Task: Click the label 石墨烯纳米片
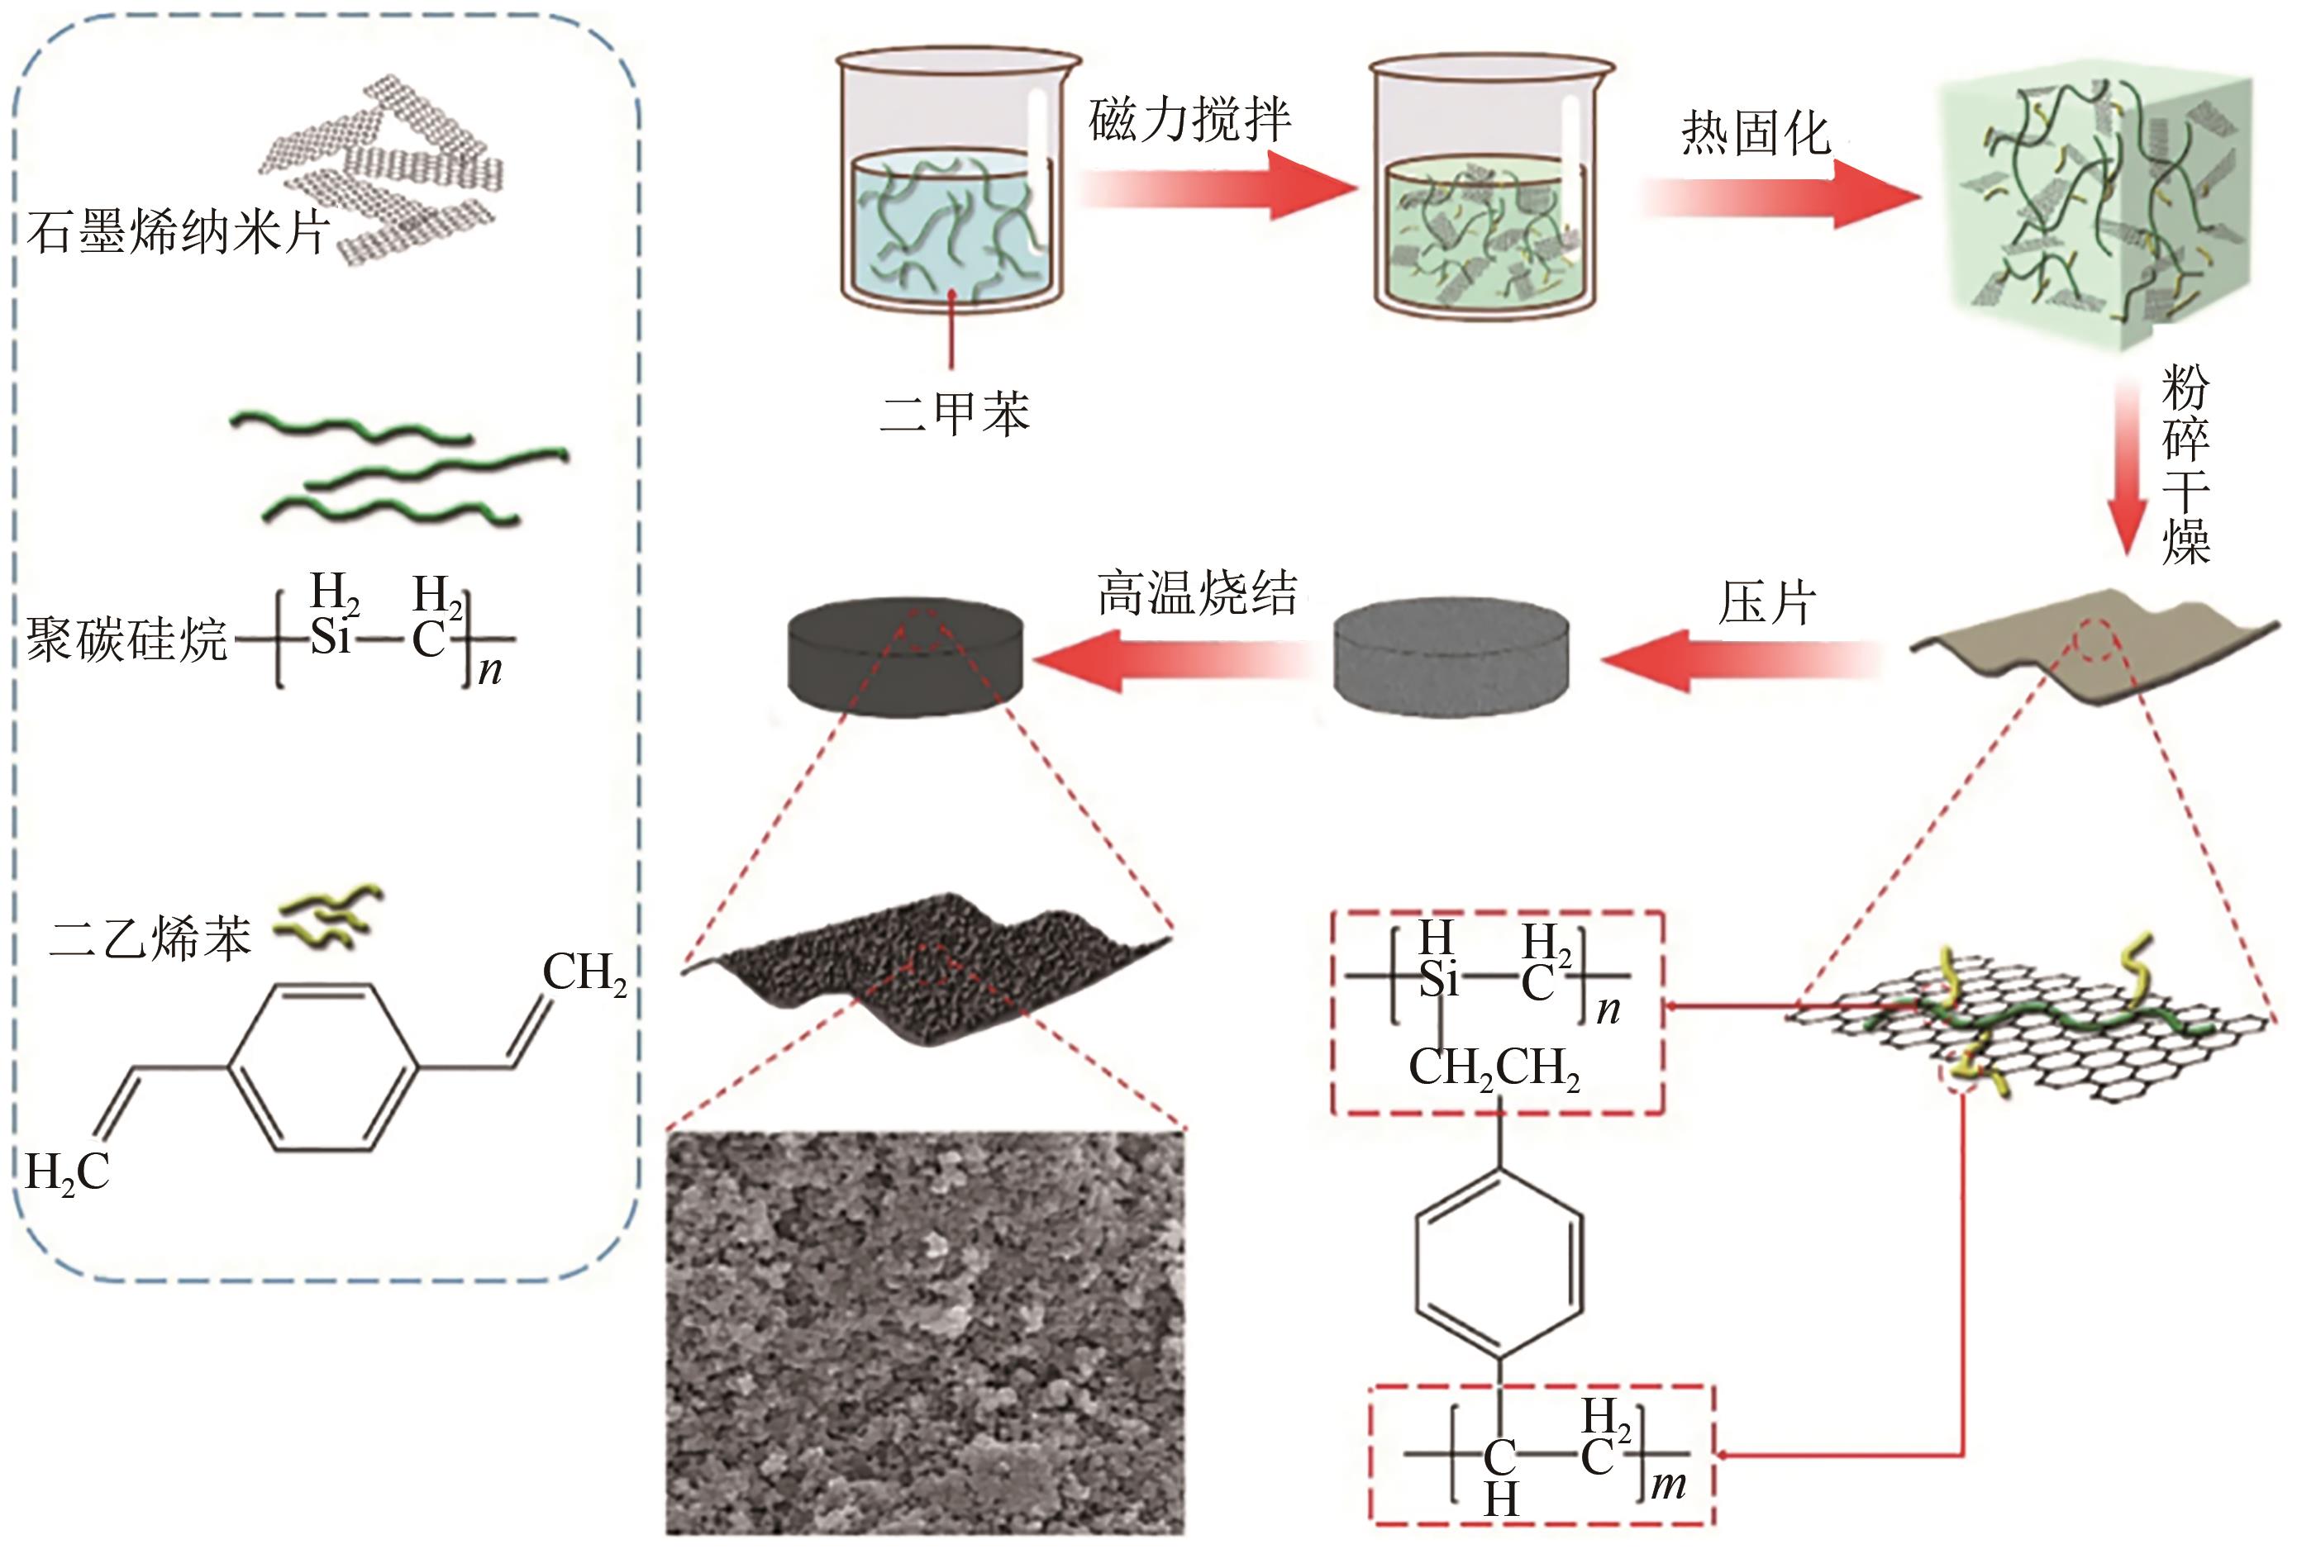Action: pos(178,233)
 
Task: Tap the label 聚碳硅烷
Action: pos(126,639)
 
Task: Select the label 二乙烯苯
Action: pos(150,938)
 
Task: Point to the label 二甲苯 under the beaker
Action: pos(955,413)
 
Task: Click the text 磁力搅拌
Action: pos(1190,121)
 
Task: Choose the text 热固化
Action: pos(1756,133)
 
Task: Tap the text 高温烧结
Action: pos(1198,594)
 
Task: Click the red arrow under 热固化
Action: pos(1779,196)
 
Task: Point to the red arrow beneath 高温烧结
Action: pos(1176,659)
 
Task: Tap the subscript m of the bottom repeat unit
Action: pos(1668,1484)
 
